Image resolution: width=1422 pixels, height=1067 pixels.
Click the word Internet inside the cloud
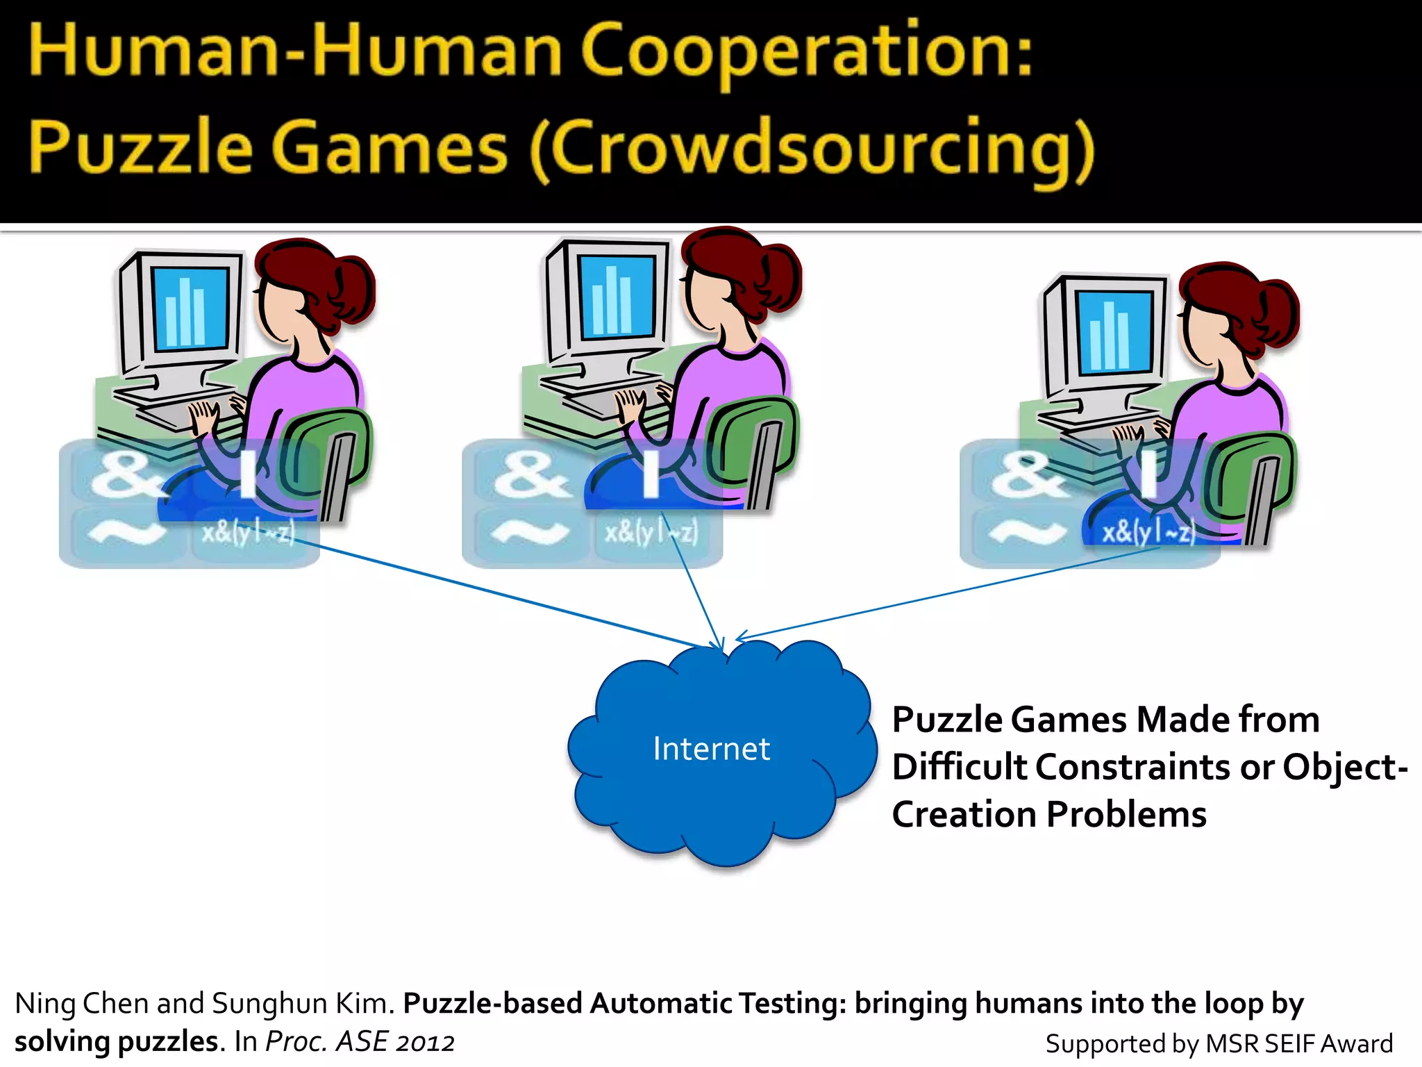click(711, 749)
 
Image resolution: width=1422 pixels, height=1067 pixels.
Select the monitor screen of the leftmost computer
click(190, 308)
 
